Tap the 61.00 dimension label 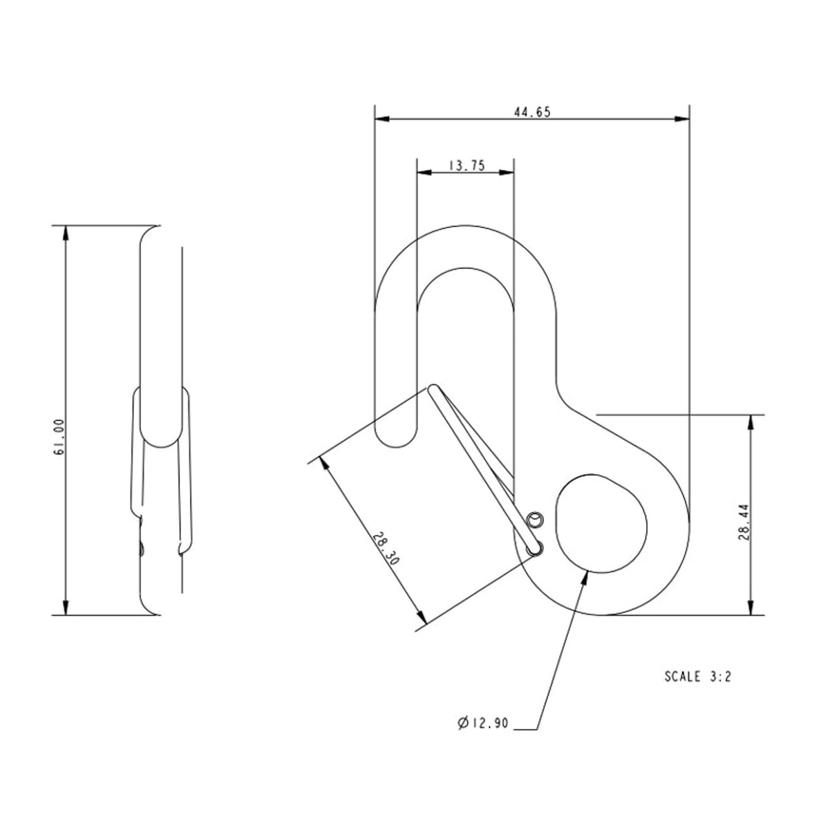coord(59,436)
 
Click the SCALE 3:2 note coord(697,677)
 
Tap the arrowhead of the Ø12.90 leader coord(587,575)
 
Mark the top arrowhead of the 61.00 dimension coord(66,232)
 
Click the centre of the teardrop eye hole coord(599,522)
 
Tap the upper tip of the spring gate coord(433,388)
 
